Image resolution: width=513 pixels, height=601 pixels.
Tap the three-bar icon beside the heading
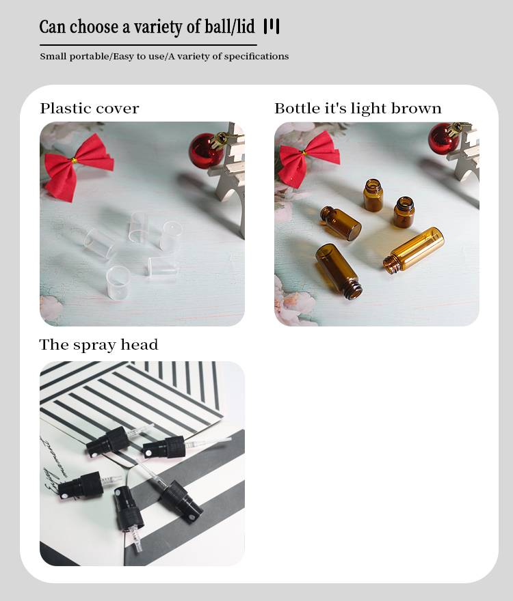(x=272, y=27)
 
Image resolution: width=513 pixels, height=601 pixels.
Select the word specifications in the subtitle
(x=256, y=57)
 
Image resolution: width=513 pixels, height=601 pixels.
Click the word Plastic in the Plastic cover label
(x=65, y=109)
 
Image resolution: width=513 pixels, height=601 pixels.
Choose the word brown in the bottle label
(x=417, y=109)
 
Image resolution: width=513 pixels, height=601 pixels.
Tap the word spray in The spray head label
(x=94, y=346)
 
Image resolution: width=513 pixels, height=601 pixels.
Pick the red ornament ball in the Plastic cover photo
(x=206, y=151)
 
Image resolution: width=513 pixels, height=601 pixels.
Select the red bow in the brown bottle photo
(x=308, y=158)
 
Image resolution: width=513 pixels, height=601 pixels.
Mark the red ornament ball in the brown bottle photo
(x=443, y=139)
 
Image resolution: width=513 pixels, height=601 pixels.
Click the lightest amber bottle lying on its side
(x=414, y=250)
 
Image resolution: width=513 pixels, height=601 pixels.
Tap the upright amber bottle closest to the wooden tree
(x=404, y=212)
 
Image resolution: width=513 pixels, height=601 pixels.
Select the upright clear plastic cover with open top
(x=118, y=283)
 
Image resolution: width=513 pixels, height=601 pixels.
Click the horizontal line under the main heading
(x=148, y=45)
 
